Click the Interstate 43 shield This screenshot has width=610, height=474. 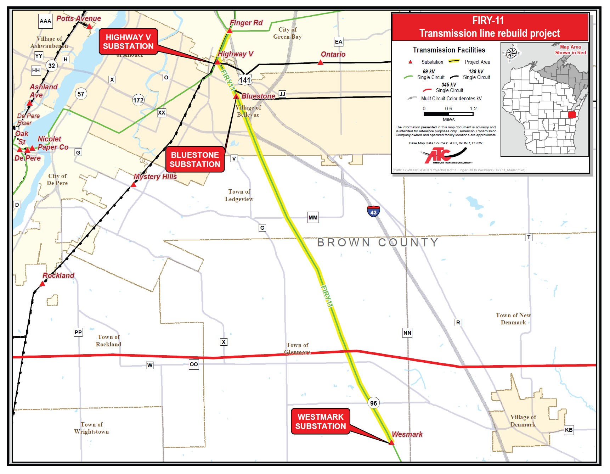(373, 211)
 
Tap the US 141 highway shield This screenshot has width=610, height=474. (245, 80)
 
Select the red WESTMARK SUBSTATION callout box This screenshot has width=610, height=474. (320, 422)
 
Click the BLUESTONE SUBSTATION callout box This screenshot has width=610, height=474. (195, 160)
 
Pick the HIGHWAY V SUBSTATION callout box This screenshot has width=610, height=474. (128, 42)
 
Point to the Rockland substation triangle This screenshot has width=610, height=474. (43, 284)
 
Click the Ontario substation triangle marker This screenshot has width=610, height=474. (321, 63)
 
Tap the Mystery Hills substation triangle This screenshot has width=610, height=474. (134, 185)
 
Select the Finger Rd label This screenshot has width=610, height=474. (246, 23)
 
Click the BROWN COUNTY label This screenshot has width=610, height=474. (378, 242)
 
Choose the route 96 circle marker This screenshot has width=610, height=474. (373, 403)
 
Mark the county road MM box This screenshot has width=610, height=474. (313, 218)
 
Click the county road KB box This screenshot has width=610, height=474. (569, 430)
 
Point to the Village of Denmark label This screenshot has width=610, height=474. (523, 421)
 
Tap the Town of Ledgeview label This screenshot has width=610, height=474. (239, 195)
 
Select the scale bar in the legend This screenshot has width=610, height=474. (448, 114)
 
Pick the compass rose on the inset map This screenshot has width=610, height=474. (511, 53)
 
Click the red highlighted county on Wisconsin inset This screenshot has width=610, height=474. (572, 115)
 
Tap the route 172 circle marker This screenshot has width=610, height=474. (138, 100)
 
